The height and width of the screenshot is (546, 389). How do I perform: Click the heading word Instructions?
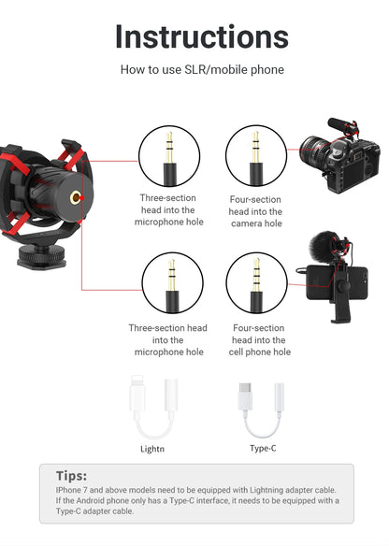pos(201,36)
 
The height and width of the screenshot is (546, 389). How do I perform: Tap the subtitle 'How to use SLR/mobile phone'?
pos(201,70)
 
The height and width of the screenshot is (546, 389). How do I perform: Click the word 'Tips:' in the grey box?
pos(72,475)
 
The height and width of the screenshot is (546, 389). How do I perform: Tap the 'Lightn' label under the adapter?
pos(151,448)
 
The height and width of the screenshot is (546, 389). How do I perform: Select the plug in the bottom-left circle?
pos(170,284)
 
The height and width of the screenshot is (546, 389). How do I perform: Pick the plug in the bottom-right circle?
pos(256,284)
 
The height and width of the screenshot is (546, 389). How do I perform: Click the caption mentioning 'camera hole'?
pos(255,211)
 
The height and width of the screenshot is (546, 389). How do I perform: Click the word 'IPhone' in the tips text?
pos(70,490)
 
